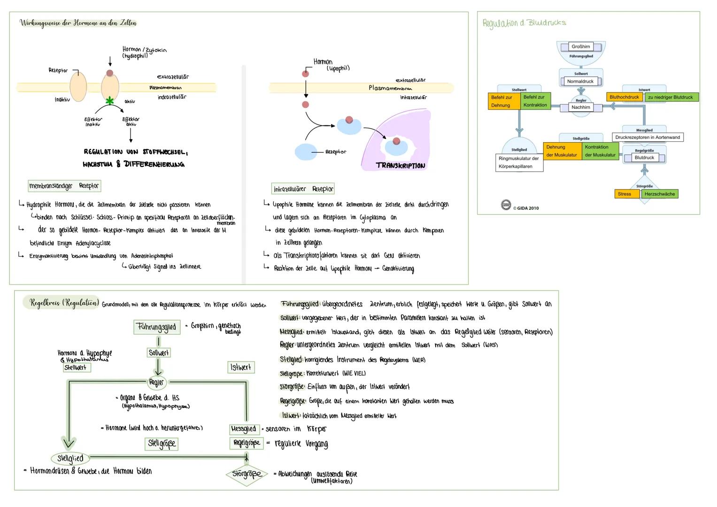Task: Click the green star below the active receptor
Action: (110, 100)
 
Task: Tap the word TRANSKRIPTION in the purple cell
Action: (401, 166)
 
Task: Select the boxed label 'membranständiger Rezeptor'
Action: (64, 186)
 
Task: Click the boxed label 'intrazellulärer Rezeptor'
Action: (303, 189)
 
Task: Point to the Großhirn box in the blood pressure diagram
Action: (581, 46)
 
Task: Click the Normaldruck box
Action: (580, 81)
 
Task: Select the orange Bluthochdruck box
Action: (624, 97)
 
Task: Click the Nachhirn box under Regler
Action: (581, 107)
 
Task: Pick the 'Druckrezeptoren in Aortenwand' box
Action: (648, 138)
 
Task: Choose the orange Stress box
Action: (624, 194)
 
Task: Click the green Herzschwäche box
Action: (659, 194)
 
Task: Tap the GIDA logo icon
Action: (506, 205)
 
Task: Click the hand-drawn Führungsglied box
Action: (157, 327)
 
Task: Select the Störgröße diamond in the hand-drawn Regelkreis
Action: (247, 474)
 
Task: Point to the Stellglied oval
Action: (70, 458)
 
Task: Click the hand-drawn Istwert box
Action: (241, 367)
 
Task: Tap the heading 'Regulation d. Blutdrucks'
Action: (524, 23)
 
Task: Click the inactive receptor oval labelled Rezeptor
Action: (78, 87)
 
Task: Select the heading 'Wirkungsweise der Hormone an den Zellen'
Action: (78, 23)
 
